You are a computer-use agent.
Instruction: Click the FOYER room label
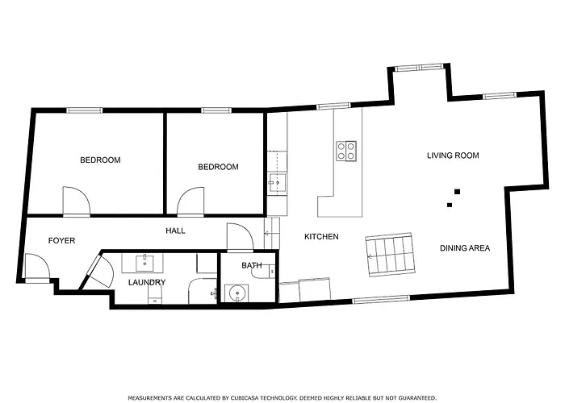[61, 240]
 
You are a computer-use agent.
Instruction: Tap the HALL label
[175, 231]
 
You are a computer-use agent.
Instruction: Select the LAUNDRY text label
[147, 282]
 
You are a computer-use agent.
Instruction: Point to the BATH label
[251, 265]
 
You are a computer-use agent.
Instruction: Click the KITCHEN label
[320, 237]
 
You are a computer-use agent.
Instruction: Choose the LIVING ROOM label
[453, 156]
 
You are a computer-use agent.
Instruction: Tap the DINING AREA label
[465, 248]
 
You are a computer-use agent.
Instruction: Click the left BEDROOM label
[100, 160]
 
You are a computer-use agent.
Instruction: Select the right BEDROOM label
[219, 167]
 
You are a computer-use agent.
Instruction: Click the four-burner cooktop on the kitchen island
[347, 151]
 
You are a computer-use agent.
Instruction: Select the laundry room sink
[147, 262]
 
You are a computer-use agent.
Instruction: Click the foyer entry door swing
[36, 267]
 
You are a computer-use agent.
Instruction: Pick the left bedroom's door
[76, 201]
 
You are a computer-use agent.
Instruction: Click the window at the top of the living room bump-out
[419, 67]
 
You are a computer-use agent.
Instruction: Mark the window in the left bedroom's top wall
[83, 110]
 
